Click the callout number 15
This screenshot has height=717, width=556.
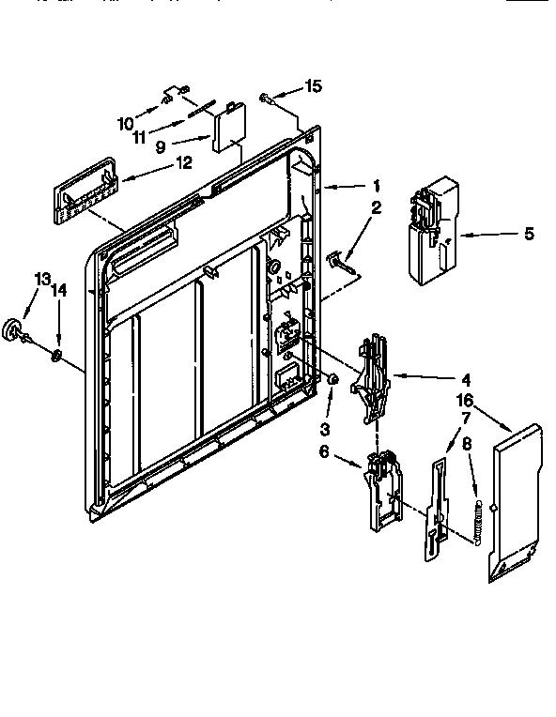(313, 86)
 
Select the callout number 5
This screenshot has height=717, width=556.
(528, 233)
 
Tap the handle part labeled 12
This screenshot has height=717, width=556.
(85, 192)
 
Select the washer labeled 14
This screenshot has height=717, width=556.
(58, 355)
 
